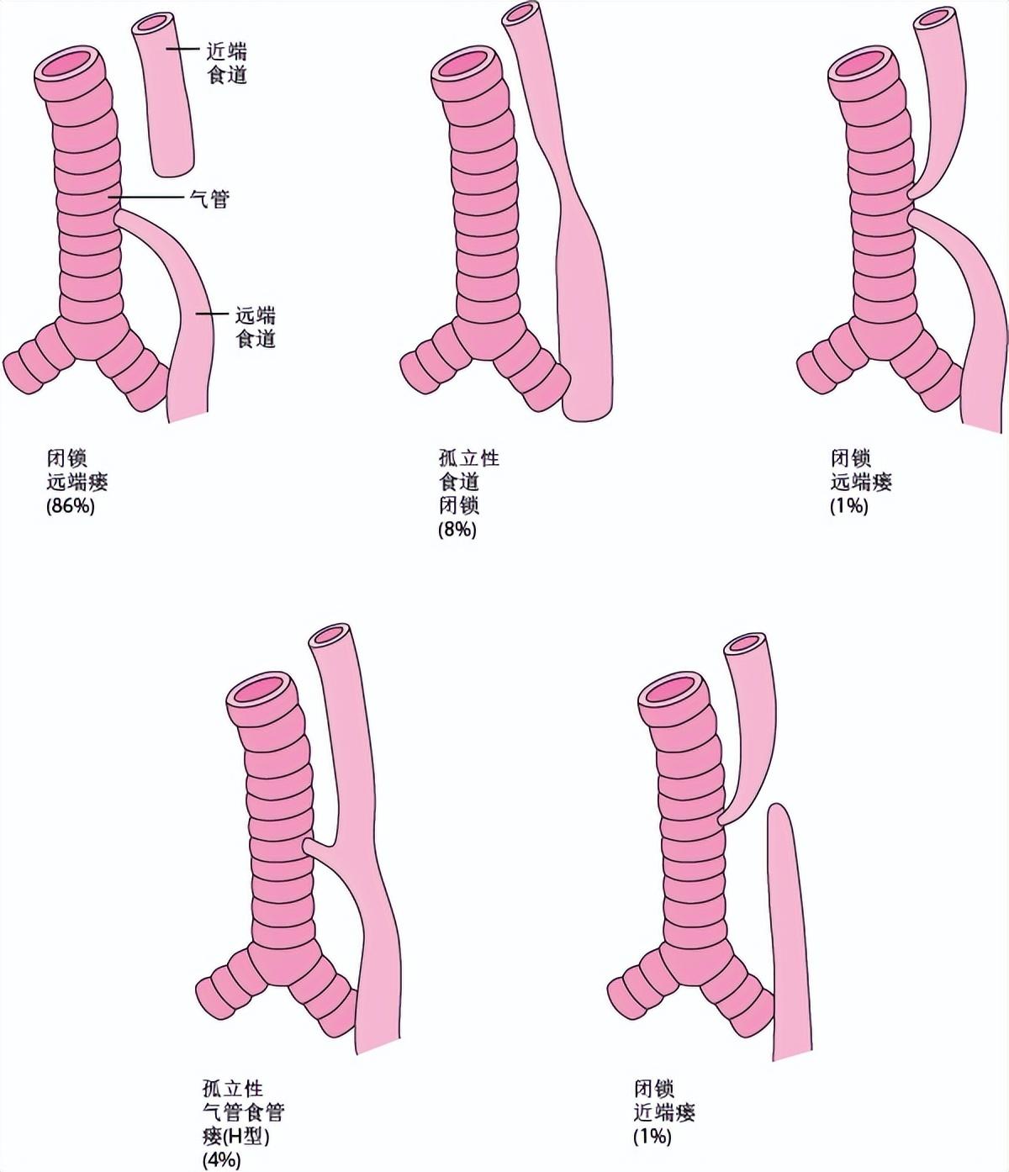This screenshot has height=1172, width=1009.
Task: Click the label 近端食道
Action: point(226,64)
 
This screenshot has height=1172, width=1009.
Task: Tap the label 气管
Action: point(209,199)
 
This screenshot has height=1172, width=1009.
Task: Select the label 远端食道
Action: point(256,328)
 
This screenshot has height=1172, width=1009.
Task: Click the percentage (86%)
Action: point(71,506)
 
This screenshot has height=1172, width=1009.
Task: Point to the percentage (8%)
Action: point(457,529)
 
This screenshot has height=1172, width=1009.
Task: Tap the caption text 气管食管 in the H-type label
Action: point(243,1112)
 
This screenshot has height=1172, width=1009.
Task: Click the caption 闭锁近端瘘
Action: point(664,1101)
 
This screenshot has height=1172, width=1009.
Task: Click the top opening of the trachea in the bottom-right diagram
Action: point(674,692)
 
